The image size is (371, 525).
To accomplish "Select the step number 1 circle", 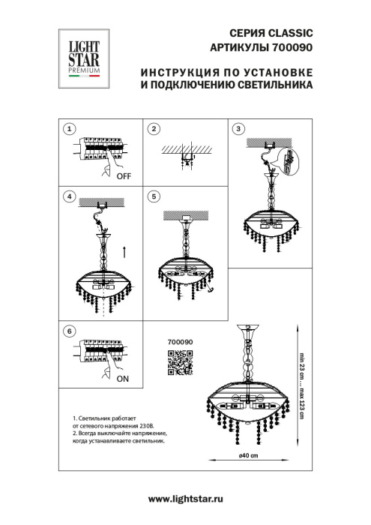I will [69, 129].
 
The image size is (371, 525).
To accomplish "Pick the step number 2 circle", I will [154, 129].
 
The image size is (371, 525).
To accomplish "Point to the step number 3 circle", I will [239, 129].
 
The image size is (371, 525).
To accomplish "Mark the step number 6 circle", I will [69, 331].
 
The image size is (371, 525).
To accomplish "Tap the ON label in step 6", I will [122, 380].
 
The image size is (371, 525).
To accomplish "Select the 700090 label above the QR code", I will [179, 342].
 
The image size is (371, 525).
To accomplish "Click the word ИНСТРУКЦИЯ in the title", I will [179, 74].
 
